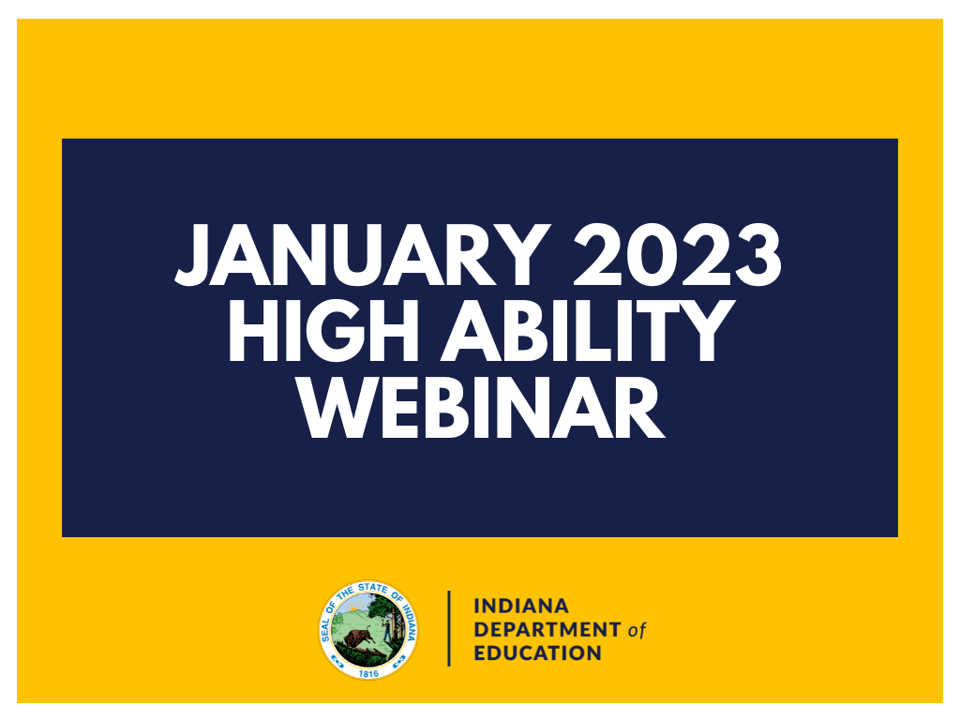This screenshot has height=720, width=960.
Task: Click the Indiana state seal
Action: pyautogui.click(x=368, y=629)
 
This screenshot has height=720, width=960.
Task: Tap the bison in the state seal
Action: pyautogui.click(x=357, y=640)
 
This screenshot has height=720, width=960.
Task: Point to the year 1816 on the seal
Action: pyautogui.click(x=368, y=671)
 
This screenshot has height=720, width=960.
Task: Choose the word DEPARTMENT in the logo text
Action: pyautogui.click(x=547, y=629)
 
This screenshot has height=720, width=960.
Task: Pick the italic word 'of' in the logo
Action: pyautogui.click(x=637, y=630)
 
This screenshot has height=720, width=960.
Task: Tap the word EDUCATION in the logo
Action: pyautogui.click(x=538, y=652)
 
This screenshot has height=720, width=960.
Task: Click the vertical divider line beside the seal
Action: pyautogui.click(x=449, y=628)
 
